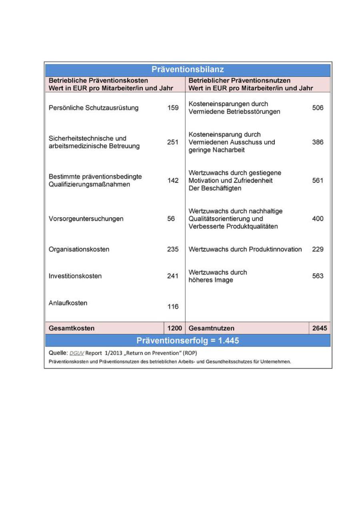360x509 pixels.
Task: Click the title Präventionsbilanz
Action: [188, 70]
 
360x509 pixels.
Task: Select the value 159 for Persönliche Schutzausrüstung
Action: [173, 108]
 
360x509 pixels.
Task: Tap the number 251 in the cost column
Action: [173, 142]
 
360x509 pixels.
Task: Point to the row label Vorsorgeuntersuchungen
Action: [86, 219]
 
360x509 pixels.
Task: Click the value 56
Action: [171, 219]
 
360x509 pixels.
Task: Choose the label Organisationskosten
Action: [79, 249]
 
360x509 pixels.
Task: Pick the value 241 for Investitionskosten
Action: [173, 276]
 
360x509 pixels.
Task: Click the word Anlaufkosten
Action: [68, 303]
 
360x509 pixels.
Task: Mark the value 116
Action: [173, 307]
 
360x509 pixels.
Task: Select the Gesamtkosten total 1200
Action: [174, 328]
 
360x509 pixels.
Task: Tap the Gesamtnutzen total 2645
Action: [320, 328]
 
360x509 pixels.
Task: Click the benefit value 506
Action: [318, 108]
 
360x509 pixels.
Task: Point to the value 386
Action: [318, 142]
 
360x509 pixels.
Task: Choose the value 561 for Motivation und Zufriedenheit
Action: [318, 180]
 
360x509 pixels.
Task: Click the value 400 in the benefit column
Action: [318, 219]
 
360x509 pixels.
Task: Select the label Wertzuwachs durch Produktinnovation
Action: [245, 249]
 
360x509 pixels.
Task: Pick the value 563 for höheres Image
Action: [318, 276]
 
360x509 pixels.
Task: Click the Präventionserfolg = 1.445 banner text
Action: [188, 341]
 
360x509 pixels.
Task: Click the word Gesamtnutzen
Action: [212, 328]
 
